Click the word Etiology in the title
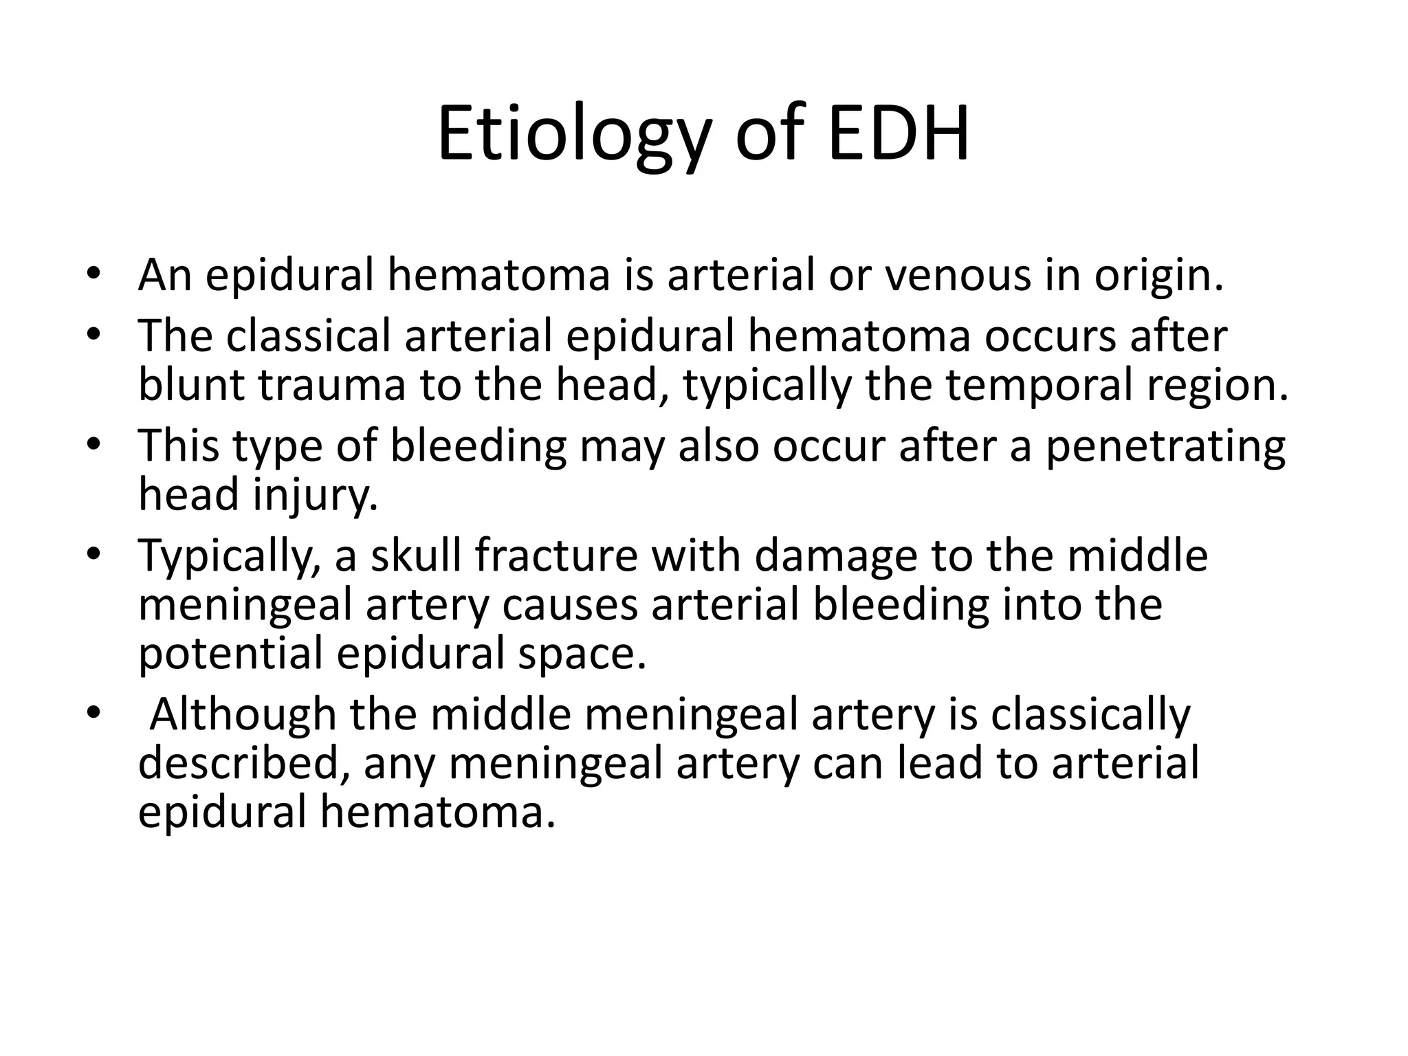(572, 135)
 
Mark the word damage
(836, 557)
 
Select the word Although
(242, 715)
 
